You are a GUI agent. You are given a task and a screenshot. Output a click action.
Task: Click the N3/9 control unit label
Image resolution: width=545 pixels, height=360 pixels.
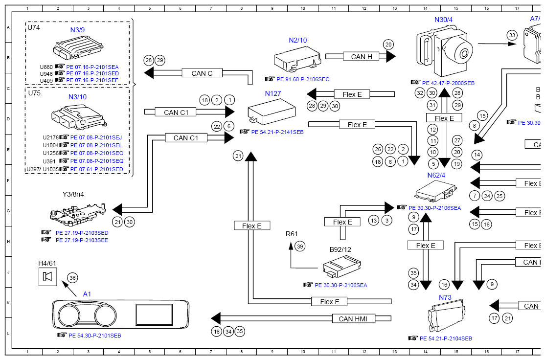coord(77,30)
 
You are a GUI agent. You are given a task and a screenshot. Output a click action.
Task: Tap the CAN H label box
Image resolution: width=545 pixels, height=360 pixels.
coord(362,57)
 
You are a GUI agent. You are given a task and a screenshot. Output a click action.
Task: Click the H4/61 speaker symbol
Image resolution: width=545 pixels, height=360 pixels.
coord(47,277)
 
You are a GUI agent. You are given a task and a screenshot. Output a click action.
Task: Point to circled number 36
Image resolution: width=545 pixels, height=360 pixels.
coord(72,278)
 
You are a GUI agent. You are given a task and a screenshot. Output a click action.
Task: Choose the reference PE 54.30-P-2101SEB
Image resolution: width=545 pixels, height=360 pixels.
coord(94,336)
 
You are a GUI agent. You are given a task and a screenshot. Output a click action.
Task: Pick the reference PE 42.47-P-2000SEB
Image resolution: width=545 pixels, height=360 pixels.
coord(448,83)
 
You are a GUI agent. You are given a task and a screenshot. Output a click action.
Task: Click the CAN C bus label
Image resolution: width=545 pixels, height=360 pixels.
coord(202,73)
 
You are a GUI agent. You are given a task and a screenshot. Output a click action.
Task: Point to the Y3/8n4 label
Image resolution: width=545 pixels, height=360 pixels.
coord(73,194)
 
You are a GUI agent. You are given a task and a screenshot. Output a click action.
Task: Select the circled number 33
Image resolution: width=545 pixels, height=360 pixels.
coord(512,35)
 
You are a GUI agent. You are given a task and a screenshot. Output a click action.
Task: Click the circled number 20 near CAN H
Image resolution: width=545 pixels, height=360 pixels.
coord(388,44)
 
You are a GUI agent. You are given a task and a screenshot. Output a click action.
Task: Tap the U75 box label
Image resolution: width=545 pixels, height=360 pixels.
coord(34,93)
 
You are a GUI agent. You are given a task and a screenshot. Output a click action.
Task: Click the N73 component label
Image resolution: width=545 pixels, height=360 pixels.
coord(445,297)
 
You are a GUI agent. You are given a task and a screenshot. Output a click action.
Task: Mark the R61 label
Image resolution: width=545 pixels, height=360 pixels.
coord(292,234)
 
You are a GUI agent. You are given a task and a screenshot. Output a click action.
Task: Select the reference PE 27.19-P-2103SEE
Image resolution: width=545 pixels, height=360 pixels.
coord(82,240)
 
